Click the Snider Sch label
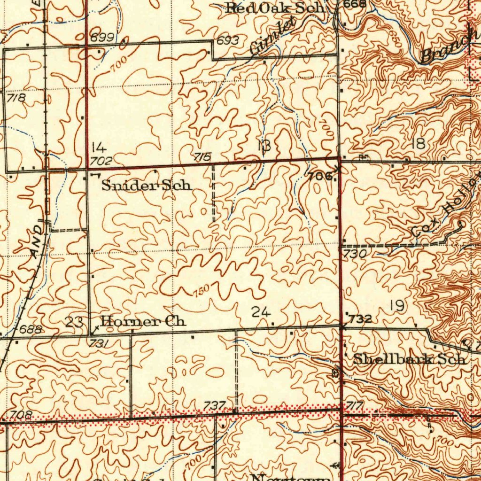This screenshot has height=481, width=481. pos(147,186)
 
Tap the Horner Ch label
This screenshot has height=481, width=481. pos(143,322)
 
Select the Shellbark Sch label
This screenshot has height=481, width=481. pos(410,360)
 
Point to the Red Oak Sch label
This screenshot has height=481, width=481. pos(274,8)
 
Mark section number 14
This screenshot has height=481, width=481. pos(98,146)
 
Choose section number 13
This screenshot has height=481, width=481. pos(264,146)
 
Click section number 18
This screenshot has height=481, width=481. pos(418,144)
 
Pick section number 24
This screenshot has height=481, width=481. pos(261,311)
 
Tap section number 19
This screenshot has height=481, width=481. pos(397,306)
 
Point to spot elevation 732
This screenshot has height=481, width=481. pos(361,320)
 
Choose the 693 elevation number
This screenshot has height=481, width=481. pos(227,41)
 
